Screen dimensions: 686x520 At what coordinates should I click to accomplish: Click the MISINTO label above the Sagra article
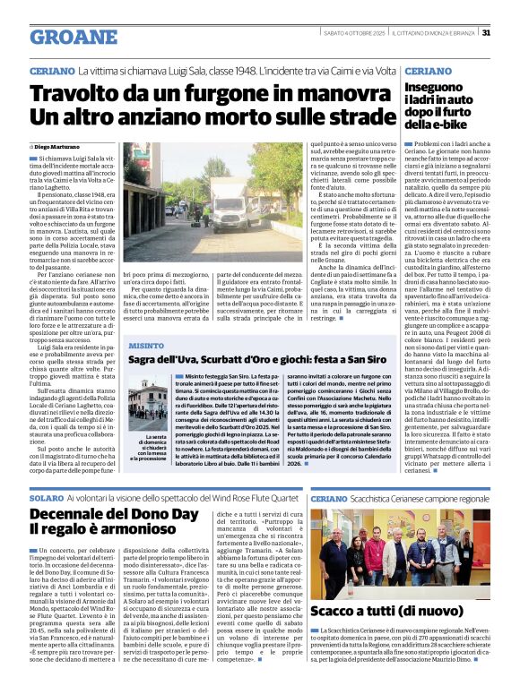tap(147, 345)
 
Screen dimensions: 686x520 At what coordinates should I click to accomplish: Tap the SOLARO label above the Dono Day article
tap(48, 496)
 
